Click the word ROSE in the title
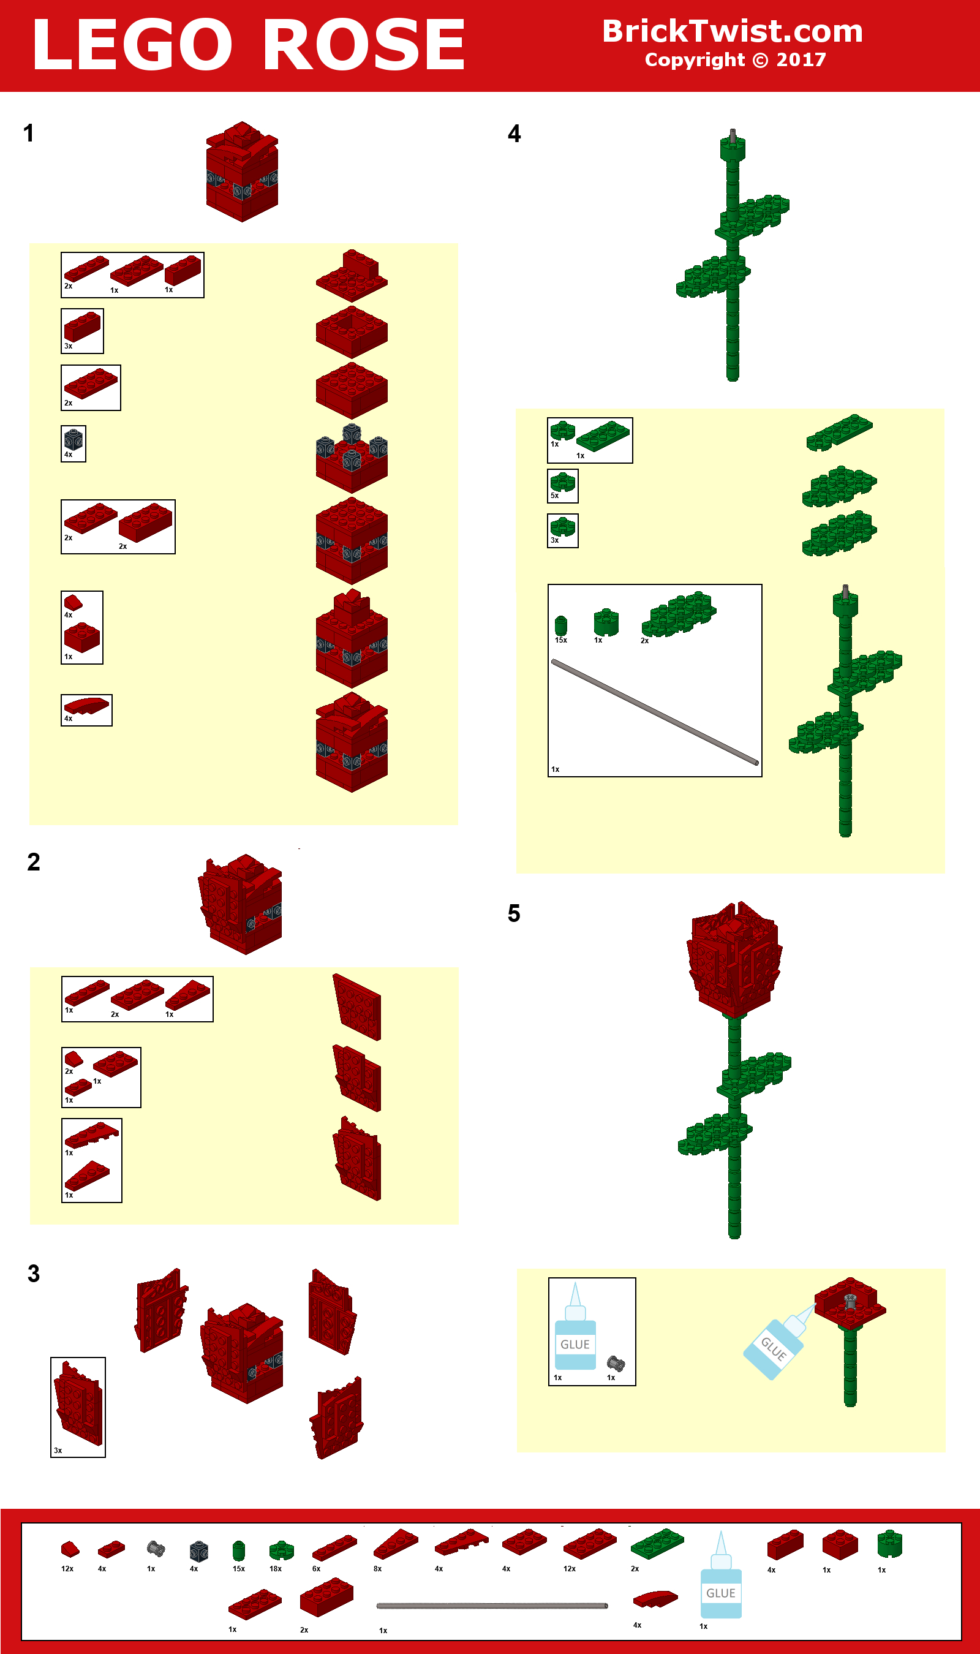pyautogui.click(x=364, y=45)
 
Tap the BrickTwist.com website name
pyautogui.click(x=733, y=31)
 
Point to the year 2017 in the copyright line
pyautogui.click(x=801, y=60)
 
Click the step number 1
pyautogui.click(x=28, y=134)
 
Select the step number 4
pyautogui.click(x=514, y=134)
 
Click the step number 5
pyautogui.click(x=514, y=914)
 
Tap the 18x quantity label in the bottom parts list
pyautogui.click(x=276, y=1569)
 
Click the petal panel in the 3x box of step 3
pyautogui.click(x=78, y=1405)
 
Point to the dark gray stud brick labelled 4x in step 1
pyautogui.click(x=73, y=439)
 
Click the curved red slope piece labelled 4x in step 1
pyautogui.click(x=86, y=706)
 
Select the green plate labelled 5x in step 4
pyautogui.click(x=563, y=482)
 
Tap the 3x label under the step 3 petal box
pyautogui.click(x=58, y=1450)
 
